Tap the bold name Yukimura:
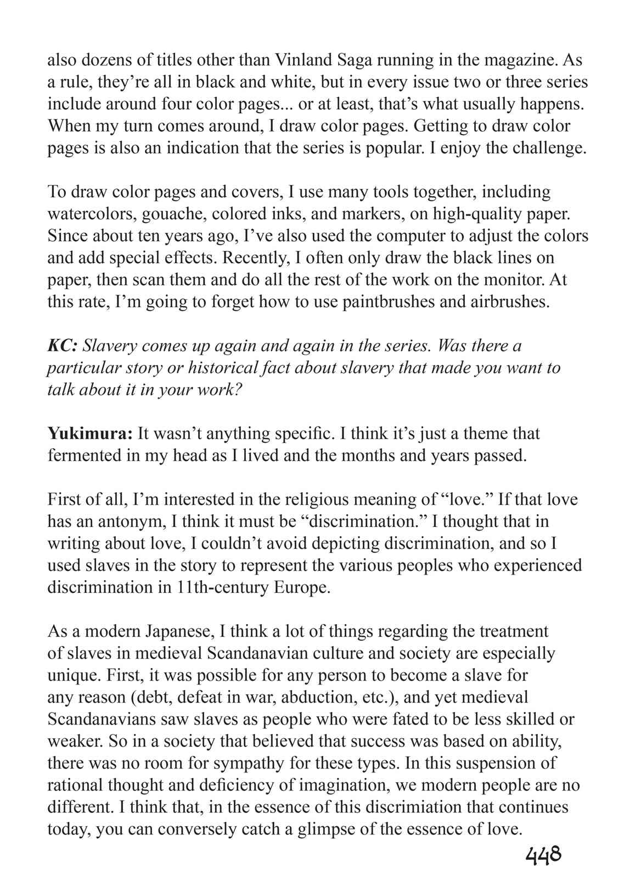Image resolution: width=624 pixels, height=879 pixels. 90,433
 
